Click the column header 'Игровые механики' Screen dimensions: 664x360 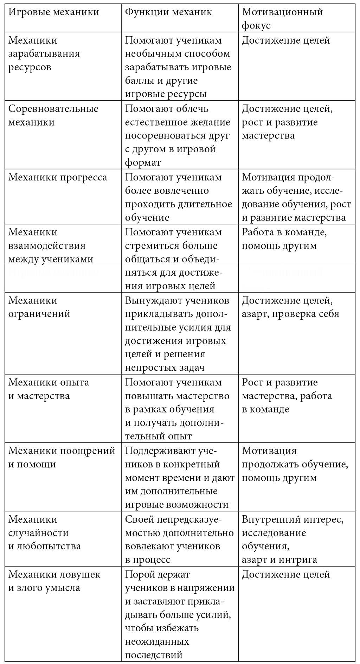[x=53, y=12]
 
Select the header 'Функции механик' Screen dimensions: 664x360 [x=168, y=12]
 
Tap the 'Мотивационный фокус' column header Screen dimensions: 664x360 [x=282, y=19]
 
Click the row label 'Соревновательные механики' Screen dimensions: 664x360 [x=53, y=115]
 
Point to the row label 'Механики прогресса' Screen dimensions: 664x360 [x=58, y=177]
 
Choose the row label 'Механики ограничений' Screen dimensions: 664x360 [x=39, y=307]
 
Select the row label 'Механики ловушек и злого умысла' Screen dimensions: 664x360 [x=54, y=581]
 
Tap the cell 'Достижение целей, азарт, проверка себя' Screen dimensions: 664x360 [x=290, y=307]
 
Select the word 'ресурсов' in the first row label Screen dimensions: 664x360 [x=30, y=67]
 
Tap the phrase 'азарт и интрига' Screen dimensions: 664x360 [x=279, y=560]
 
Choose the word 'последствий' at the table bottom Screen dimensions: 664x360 [x=154, y=655]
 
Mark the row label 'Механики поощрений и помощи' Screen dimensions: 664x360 [x=62, y=458]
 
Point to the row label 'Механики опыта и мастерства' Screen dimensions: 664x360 [x=49, y=389]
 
